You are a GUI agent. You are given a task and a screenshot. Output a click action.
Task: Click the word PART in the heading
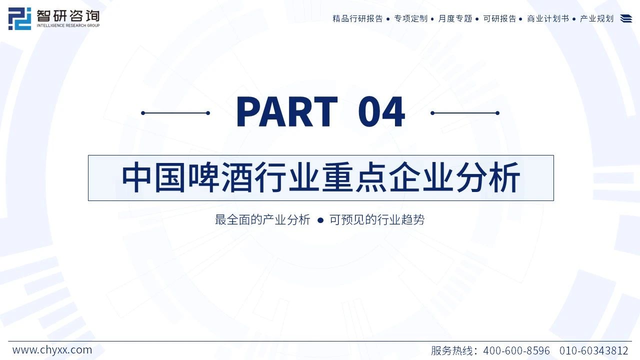(287, 111)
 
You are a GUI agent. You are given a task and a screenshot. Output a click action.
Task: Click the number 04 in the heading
(381, 111)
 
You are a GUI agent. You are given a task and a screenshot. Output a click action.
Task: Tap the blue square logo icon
(19, 18)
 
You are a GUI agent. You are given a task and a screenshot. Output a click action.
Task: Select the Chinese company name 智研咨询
(68, 16)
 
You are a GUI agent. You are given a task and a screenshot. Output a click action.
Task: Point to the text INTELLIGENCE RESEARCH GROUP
(68, 25)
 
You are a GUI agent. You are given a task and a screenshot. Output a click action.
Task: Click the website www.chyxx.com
(52, 350)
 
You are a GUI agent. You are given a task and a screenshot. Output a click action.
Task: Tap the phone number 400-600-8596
(516, 350)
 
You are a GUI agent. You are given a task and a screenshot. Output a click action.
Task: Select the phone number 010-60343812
(593, 350)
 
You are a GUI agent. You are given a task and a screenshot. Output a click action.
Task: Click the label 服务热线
(451, 350)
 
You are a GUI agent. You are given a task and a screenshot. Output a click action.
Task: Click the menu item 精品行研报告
(357, 18)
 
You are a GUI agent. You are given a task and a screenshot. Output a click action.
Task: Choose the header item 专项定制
(410, 18)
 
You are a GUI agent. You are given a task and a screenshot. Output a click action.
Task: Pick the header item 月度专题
(455, 18)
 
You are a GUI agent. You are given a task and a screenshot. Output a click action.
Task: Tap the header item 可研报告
(499, 18)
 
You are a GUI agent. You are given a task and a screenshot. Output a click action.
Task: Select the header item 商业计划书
(548, 18)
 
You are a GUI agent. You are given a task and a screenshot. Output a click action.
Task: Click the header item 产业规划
(596, 18)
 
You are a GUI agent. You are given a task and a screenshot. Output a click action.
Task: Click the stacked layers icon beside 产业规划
(626, 18)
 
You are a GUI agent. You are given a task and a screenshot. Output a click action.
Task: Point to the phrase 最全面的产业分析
(262, 219)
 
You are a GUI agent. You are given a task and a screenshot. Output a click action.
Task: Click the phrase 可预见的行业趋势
(377, 219)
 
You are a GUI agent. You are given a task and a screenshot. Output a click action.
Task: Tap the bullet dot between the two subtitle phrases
(320, 220)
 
